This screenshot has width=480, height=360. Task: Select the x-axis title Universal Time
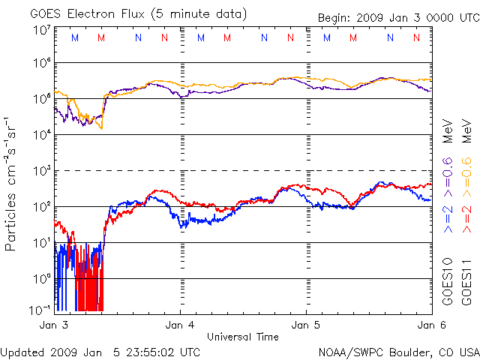click(243, 337)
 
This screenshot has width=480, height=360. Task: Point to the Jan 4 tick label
click(180, 325)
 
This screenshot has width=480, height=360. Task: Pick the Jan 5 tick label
click(306, 325)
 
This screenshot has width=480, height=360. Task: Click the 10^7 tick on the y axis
click(41, 30)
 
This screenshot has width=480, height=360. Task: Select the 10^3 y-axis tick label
click(41, 170)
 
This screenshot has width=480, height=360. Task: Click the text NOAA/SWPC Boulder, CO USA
click(398, 352)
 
